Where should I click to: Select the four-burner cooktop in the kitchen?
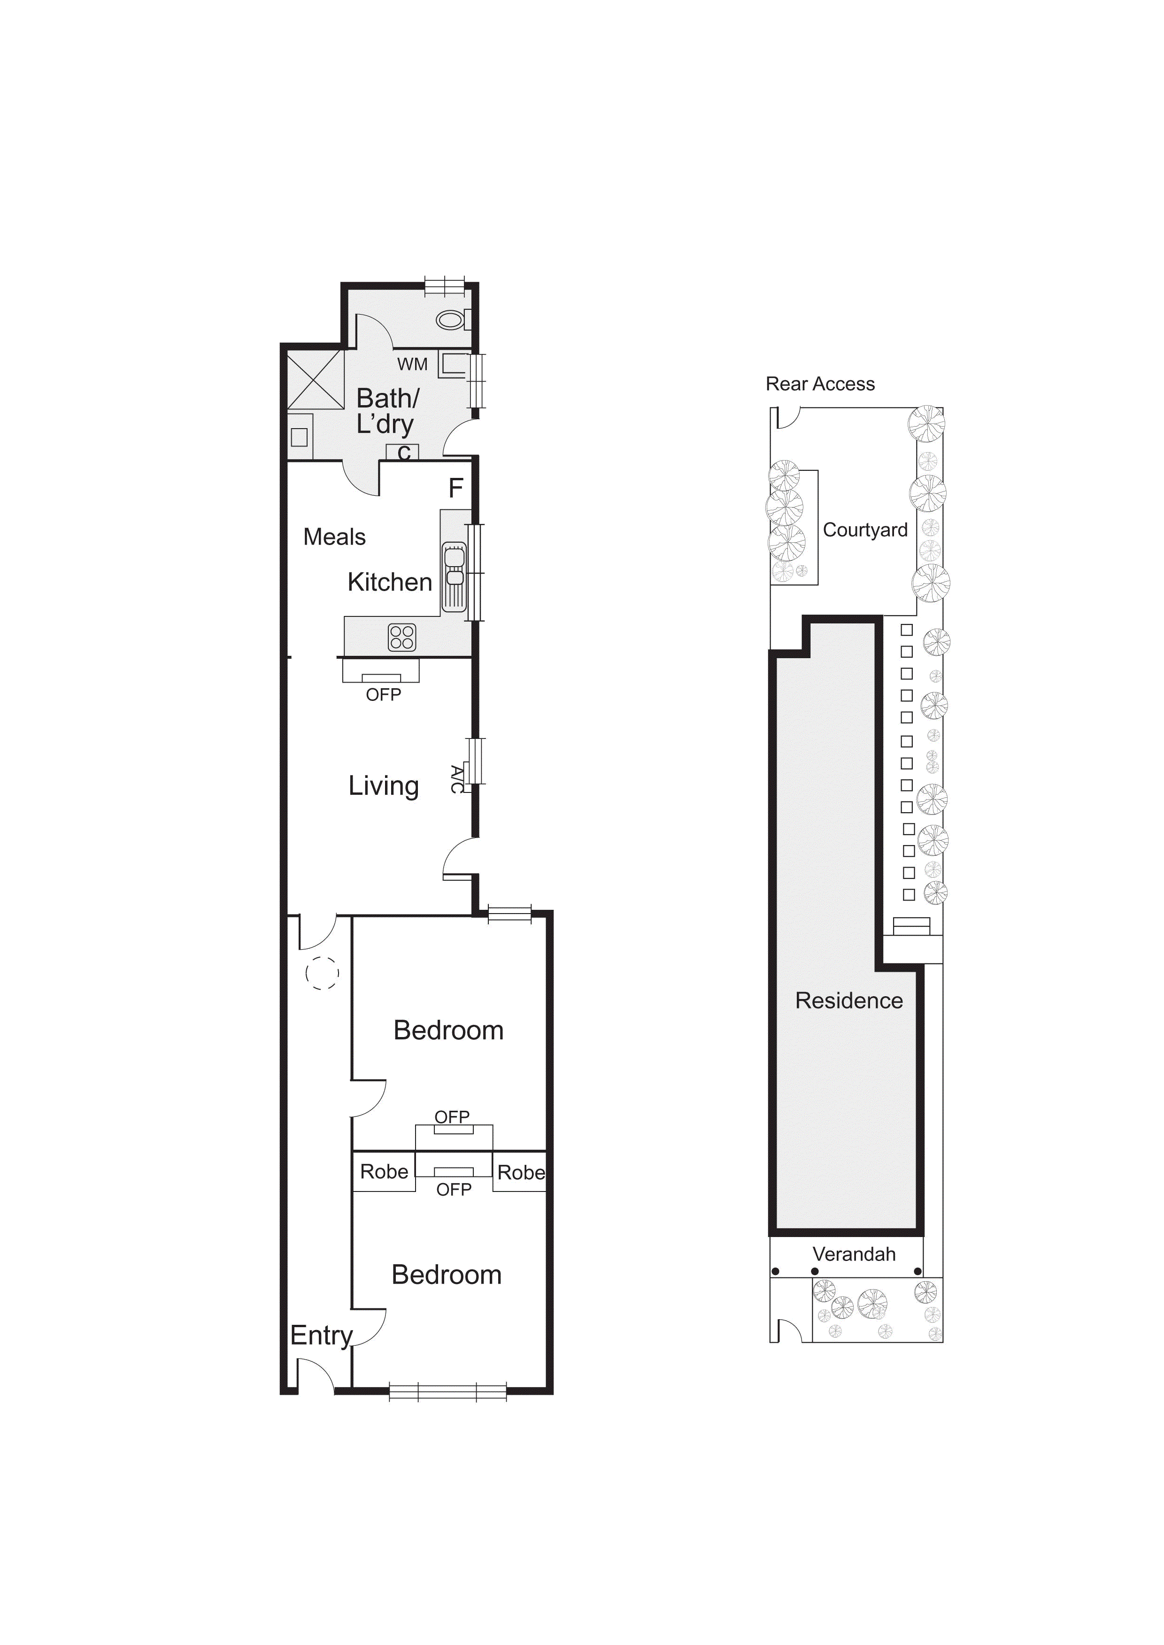[402, 637]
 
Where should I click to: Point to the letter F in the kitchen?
[456, 489]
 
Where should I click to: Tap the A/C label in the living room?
[456, 779]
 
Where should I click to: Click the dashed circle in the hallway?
[323, 973]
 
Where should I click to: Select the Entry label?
[322, 1336]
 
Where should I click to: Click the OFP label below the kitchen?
[384, 694]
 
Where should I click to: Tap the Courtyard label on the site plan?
[865, 530]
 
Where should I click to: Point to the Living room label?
[384, 786]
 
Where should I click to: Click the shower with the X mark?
[316, 380]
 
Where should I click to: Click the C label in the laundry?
[403, 453]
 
